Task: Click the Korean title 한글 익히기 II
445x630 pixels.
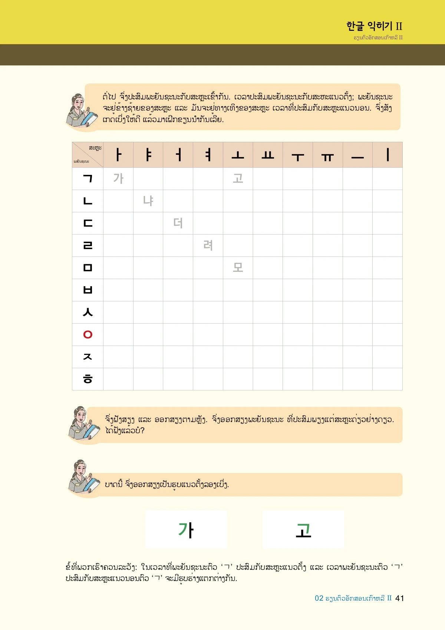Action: point(374,26)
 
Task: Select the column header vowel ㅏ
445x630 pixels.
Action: point(118,155)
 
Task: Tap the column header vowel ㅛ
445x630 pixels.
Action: point(268,155)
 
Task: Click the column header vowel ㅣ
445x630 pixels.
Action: point(388,155)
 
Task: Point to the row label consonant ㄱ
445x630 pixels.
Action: point(88,179)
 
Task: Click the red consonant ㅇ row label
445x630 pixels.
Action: point(88,334)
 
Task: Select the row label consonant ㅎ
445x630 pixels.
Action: point(88,379)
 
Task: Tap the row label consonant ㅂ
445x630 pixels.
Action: point(88,290)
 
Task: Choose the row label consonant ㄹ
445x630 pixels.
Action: point(88,245)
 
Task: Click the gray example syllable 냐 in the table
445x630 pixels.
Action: point(148,201)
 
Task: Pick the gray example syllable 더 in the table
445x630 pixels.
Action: point(178,223)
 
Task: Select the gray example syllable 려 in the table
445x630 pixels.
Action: point(208,245)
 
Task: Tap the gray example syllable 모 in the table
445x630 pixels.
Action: point(238,268)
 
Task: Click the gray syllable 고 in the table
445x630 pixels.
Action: point(238,179)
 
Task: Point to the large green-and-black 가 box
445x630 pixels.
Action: point(186,529)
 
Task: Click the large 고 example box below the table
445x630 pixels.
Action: point(303,529)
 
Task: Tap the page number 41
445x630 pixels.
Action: point(399,598)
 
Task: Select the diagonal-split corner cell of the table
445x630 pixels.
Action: point(88,155)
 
